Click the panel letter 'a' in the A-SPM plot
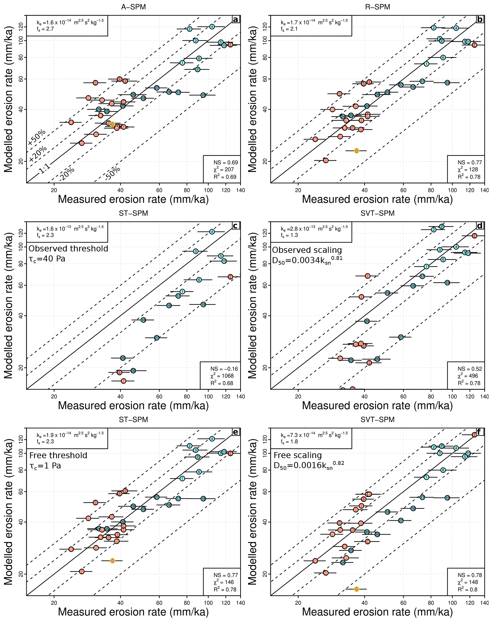tap(235, 20)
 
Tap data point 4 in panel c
tap(212, 232)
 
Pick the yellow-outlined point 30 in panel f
tap(356, 589)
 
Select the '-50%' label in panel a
tap(113, 173)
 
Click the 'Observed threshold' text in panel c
tap(68, 249)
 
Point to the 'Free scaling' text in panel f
tap(297, 455)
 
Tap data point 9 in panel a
tap(71, 122)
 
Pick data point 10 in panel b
tap(326, 160)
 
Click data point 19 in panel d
tap(447, 283)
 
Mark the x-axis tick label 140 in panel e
tap(240, 603)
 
